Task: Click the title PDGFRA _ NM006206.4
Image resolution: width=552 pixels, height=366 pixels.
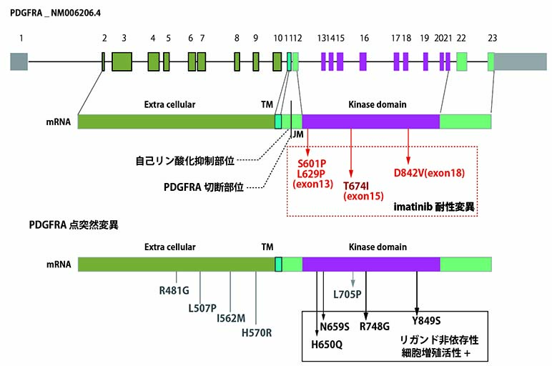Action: [56, 12]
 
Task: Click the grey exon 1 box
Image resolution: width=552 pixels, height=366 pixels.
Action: [19, 61]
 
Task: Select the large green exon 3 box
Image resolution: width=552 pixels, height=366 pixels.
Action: [122, 61]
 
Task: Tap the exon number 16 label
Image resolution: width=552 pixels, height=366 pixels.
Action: [364, 38]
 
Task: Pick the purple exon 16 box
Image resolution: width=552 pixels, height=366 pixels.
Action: [363, 61]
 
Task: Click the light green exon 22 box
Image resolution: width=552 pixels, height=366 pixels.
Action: [462, 61]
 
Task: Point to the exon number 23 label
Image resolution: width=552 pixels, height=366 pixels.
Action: [492, 38]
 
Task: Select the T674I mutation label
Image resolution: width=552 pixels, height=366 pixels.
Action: [352, 184]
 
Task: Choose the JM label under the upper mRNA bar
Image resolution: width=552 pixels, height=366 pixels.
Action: [297, 133]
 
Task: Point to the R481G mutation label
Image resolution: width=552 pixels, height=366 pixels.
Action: [175, 291]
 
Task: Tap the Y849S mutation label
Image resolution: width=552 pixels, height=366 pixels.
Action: [427, 320]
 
